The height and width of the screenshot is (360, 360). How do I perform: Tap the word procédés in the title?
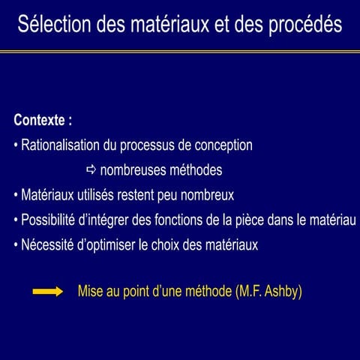click(305, 25)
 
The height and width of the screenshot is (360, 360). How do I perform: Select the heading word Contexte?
click(40, 120)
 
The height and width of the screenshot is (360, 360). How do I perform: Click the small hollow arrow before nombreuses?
click(91, 169)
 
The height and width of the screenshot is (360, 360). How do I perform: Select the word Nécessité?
click(46, 244)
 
